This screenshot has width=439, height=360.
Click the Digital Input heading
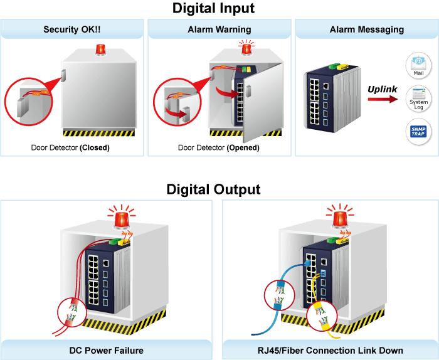click(x=213, y=8)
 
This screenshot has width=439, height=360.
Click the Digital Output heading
click(x=213, y=189)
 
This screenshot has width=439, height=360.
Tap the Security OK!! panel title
click(x=72, y=29)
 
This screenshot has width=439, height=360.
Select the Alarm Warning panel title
click(x=219, y=29)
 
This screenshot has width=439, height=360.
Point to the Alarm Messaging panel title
click(x=367, y=29)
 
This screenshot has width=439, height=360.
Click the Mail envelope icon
click(x=418, y=65)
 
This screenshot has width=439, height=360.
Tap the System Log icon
click(x=418, y=99)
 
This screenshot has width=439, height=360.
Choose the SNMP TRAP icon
click(x=418, y=131)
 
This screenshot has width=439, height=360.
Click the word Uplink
click(x=382, y=89)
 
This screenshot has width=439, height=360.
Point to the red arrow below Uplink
click(x=383, y=99)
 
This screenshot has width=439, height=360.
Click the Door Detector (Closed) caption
click(x=70, y=147)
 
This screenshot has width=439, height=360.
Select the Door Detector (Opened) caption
click(x=219, y=147)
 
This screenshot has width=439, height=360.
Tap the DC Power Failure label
click(x=107, y=351)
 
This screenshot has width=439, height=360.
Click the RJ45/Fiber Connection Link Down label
click(x=331, y=351)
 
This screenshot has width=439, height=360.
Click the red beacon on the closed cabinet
click(x=100, y=50)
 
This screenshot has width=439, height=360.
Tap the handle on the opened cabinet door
click(x=248, y=92)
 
